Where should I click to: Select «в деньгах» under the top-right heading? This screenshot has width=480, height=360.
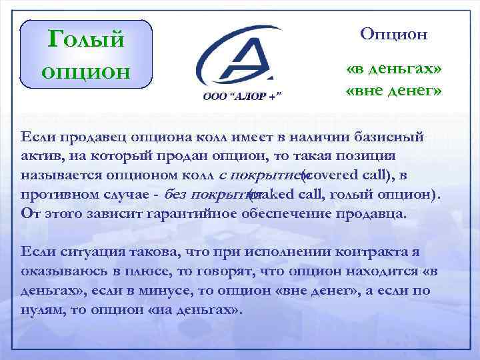point(393,70)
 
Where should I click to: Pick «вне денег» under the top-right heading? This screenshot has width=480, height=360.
point(393,89)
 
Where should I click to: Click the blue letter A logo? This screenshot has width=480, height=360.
point(240,57)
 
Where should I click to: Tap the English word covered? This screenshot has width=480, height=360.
point(327,175)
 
